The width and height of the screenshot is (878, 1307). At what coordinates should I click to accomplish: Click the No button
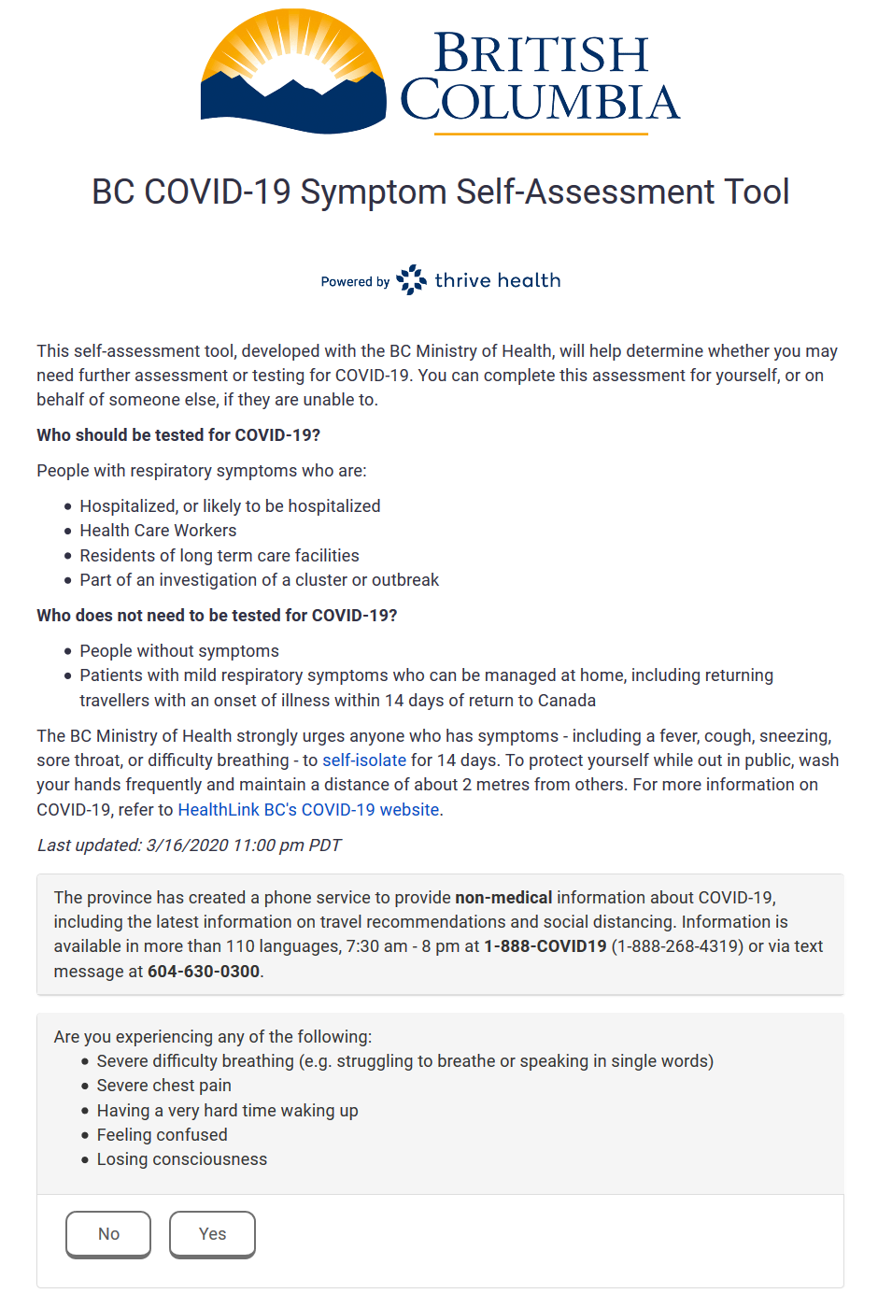pos(108,1234)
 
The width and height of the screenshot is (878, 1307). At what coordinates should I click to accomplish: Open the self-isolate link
pos(364,760)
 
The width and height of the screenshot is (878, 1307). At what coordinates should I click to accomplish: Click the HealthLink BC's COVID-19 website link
pos(308,810)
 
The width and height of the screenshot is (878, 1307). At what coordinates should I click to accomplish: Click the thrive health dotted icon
pos(411,280)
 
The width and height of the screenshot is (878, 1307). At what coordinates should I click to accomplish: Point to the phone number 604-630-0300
pos(204,972)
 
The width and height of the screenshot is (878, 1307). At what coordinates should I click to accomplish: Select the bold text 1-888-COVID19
pos(545,946)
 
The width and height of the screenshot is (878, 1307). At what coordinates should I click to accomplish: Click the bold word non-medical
pos(503,898)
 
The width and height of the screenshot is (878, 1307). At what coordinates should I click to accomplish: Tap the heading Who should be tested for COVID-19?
pos(178,435)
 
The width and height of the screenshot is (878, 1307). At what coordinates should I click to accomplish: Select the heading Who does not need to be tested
pos(217,616)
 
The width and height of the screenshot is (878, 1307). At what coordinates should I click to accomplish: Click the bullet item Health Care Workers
pos(158,531)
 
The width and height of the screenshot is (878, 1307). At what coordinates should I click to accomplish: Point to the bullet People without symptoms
pos(179,651)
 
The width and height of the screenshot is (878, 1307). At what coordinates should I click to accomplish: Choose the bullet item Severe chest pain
pos(164,1086)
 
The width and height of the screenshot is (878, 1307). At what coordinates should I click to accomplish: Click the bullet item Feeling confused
pos(163,1135)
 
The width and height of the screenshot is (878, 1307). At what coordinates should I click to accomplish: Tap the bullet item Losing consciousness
pos(182,1159)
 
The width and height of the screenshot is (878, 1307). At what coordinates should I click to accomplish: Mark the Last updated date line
pos(189,845)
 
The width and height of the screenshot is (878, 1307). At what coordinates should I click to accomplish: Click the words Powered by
pos(355,282)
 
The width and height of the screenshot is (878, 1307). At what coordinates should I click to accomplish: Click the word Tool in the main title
pos(757,192)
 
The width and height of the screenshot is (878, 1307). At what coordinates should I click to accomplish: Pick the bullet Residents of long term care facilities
pos(219,556)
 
